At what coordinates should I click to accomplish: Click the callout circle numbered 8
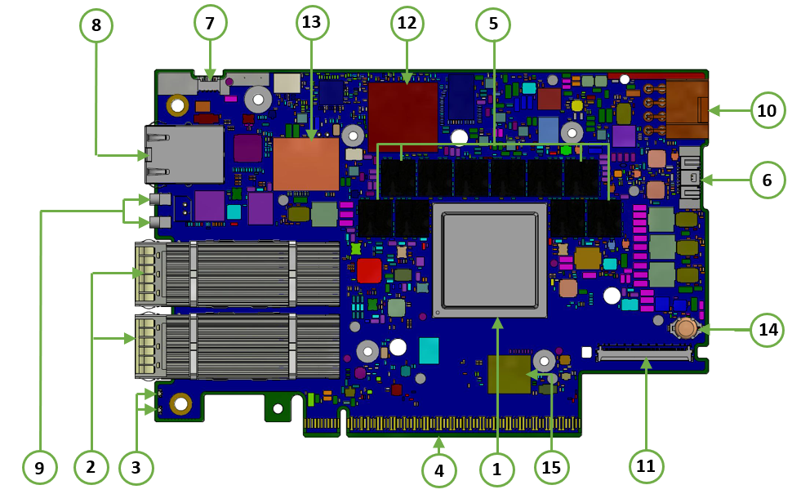(96, 24)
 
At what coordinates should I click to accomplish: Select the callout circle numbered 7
(210, 24)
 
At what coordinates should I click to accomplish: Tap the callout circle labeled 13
(311, 23)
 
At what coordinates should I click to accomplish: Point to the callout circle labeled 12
(407, 24)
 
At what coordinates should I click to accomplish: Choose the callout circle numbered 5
(493, 24)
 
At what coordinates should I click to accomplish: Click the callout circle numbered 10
(767, 110)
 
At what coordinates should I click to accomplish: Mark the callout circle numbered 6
(767, 180)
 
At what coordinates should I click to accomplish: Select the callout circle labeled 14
(767, 330)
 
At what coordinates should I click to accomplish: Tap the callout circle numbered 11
(646, 466)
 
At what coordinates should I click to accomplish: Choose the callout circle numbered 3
(136, 467)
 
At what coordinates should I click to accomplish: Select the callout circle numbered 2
(91, 467)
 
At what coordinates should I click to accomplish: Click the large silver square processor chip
(490, 260)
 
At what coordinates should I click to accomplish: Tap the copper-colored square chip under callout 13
(305, 163)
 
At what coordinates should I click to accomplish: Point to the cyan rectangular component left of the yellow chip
(429, 350)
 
